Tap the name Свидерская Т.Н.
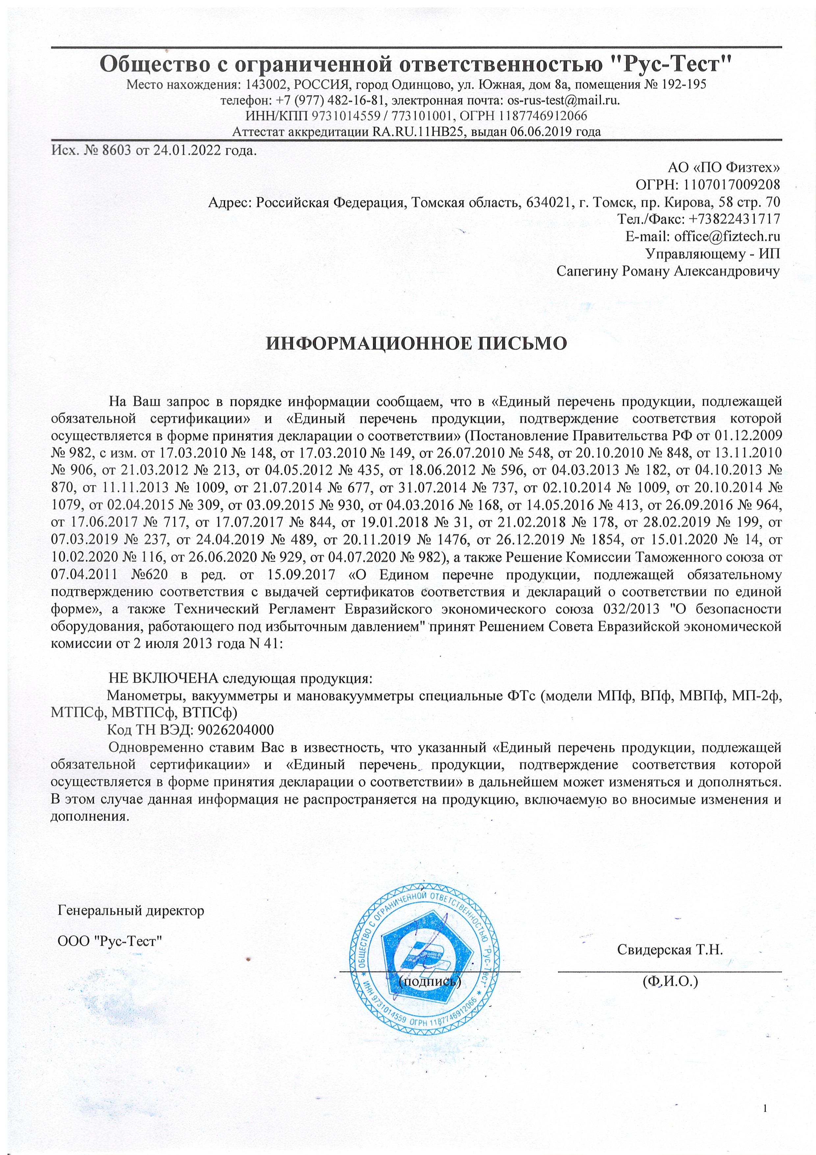(x=670, y=950)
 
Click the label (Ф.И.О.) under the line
(x=670, y=981)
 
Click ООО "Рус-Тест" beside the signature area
(x=110, y=941)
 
